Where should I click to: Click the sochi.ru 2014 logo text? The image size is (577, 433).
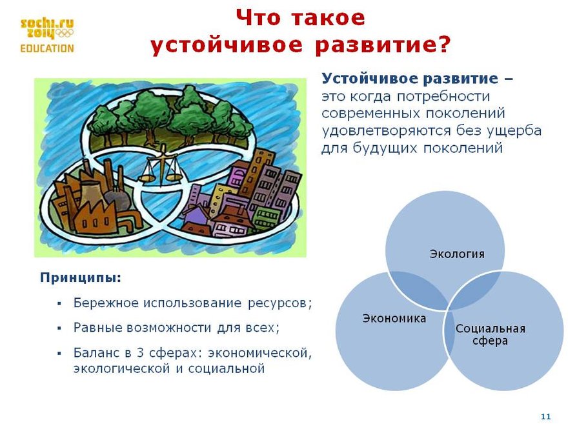[x=47, y=28]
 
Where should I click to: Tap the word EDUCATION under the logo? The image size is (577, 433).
[x=47, y=48]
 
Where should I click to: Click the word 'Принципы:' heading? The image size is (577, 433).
[x=81, y=277]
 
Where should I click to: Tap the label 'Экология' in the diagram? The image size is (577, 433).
[x=457, y=254]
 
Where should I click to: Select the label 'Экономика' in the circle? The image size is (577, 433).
[x=394, y=318]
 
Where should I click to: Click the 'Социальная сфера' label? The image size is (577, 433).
[x=490, y=334]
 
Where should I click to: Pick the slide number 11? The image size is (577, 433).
[x=546, y=416]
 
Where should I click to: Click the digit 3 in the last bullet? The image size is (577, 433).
[x=140, y=353]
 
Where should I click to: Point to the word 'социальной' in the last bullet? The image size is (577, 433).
[x=227, y=368]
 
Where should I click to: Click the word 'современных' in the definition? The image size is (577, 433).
[x=371, y=114]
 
